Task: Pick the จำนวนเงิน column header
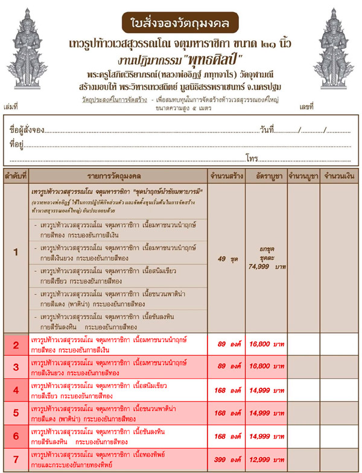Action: click(338, 176)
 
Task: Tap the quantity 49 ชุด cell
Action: click(226, 259)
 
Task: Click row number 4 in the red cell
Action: click(16, 391)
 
